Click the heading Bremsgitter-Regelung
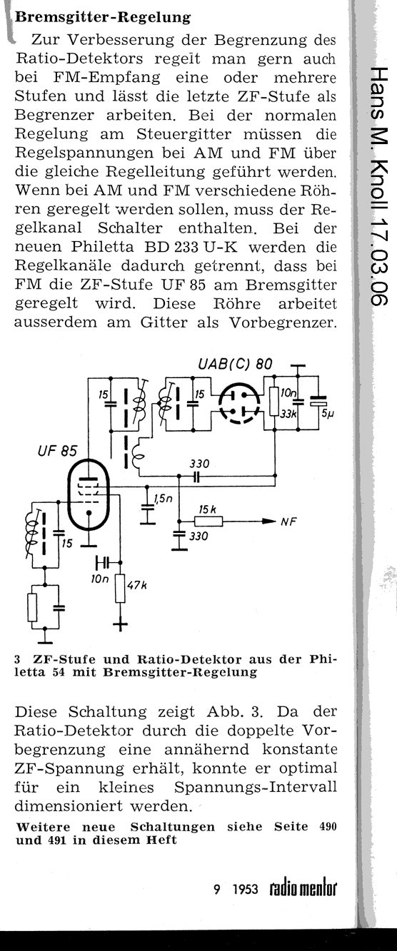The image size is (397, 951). (x=102, y=17)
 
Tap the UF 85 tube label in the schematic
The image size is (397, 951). (x=57, y=450)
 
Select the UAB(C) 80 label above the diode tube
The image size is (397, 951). (x=235, y=364)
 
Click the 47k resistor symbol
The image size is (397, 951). (x=120, y=588)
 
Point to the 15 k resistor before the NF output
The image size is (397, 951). (x=208, y=521)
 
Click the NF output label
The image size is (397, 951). (x=288, y=522)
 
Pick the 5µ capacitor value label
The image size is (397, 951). (x=327, y=414)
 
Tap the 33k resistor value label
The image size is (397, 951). (x=288, y=414)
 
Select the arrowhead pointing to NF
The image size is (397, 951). (x=269, y=522)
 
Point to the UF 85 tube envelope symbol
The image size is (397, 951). (x=89, y=495)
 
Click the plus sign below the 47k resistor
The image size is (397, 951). (x=120, y=624)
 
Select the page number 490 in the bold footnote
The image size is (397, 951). (x=327, y=827)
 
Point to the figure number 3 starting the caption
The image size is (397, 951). (x=17, y=660)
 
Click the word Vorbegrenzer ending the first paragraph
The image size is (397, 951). (x=283, y=323)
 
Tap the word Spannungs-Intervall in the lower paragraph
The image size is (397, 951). (x=256, y=788)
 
